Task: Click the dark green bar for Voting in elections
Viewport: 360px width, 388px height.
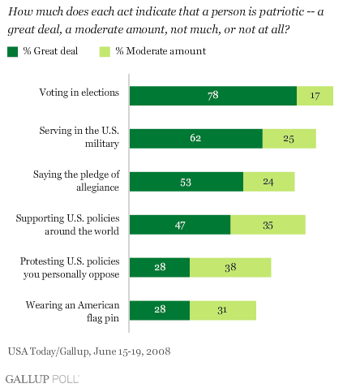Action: (213, 96)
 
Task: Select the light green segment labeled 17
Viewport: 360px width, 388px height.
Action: (315, 96)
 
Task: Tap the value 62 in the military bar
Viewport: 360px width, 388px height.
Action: (195, 138)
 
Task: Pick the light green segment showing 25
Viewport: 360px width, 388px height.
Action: (289, 139)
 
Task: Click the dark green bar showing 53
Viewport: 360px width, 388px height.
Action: (186, 182)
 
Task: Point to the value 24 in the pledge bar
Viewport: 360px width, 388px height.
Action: (268, 182)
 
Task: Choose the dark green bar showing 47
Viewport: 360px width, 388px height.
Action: (180, 225)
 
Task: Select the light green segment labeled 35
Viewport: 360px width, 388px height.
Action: (268, 225)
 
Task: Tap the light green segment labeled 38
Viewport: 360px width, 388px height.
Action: (230, 267)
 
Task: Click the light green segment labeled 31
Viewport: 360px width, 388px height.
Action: (223, 310)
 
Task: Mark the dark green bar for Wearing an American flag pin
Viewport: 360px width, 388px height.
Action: (160, 310)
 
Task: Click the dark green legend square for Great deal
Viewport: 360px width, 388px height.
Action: (13, 52)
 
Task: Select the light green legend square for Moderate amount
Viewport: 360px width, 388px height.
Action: (105, 52)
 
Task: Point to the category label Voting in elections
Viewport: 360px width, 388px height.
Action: (79, 93)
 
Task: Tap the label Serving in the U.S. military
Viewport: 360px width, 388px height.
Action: (79, 137)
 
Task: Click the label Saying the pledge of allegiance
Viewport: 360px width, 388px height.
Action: (76, 181)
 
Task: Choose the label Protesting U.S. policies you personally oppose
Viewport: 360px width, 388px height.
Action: (70, 268)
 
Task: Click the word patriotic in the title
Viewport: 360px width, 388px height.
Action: (281, 12)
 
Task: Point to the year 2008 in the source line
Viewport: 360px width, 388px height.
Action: (160, 351)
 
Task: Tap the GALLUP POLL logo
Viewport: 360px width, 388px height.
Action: (42, 379)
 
